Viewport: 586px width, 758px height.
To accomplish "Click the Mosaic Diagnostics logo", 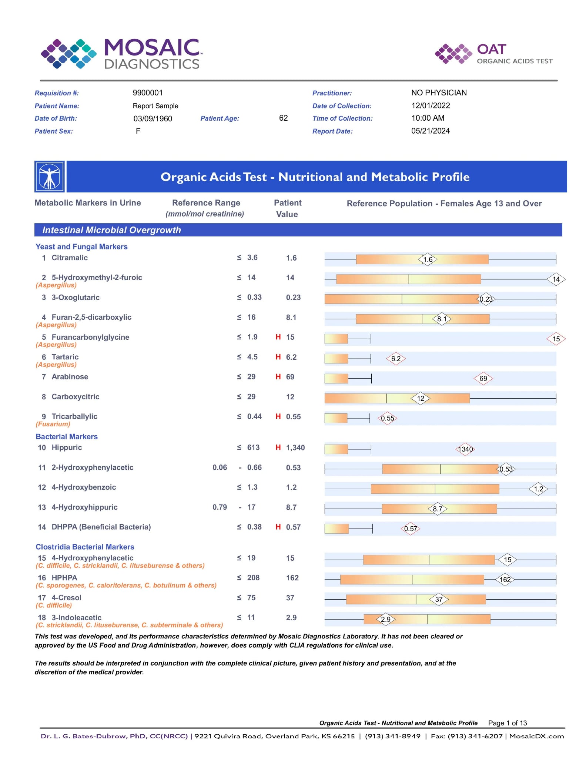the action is coord(121,54).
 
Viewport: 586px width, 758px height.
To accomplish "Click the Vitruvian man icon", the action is coord(50,177).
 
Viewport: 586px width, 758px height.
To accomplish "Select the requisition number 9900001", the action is coord(148,93).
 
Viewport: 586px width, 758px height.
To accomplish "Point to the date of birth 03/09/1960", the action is coord(153,118).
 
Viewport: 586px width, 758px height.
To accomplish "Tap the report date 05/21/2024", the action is coord(431,131).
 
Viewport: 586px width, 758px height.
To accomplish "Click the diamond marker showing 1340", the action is coord(465,449).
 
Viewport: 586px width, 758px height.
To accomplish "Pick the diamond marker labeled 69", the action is coord(483,378).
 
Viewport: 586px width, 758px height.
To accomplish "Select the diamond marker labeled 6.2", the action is coord(396,359).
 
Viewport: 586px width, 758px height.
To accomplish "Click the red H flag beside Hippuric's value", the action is coord(278,447).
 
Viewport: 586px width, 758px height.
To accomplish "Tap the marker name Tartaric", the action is coord(65,357).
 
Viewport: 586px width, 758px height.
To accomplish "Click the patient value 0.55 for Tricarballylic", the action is coord(293,416).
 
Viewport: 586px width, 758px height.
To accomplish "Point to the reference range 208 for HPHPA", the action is coord(253,578).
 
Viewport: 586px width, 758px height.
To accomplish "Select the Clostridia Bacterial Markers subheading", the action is coord(85,547).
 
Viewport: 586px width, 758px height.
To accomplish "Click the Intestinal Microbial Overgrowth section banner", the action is coord(298,230).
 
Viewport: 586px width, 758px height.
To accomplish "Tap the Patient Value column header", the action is coord(288,208).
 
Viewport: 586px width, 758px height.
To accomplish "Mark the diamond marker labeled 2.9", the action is coord(386,619).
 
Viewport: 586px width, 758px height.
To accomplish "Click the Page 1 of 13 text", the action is coord(507,723).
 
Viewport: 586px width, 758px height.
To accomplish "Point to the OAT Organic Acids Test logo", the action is coord(494,54).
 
